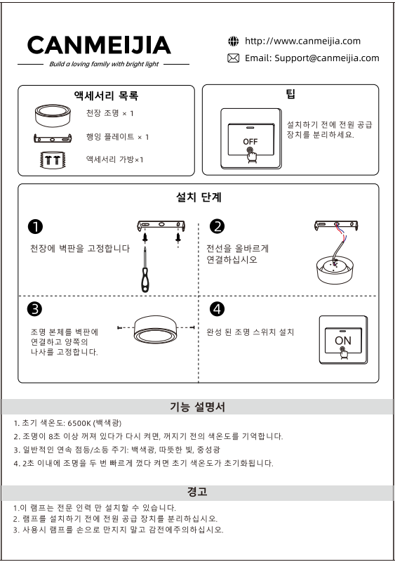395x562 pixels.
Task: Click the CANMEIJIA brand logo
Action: coord(99,45)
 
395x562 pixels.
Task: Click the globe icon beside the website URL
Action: coord(233,41)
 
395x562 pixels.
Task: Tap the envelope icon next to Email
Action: coord(233,58)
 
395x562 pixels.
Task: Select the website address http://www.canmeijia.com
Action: coord(302,41)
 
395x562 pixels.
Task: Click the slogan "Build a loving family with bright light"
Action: coord(104,64)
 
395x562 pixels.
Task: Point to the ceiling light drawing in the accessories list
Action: coord(53,115)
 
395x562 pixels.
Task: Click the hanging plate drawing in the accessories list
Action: coord(53,138)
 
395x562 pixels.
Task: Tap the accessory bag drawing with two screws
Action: coord(53,159)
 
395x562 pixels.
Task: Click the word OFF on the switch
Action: coord(250,142)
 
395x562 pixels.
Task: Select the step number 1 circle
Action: coord(35,226)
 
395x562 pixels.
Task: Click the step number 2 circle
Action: coord(217,226)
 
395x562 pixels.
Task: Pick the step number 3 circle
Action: coord(34,309)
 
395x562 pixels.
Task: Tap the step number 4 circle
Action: coord(217,309)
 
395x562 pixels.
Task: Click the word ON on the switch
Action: coord(343,341)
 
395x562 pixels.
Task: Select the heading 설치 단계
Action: coord(199,197)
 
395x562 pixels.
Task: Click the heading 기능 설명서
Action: coord(197,407)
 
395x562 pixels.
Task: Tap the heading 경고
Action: coord(197,491)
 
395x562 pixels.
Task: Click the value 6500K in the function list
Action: coord(79,424)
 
